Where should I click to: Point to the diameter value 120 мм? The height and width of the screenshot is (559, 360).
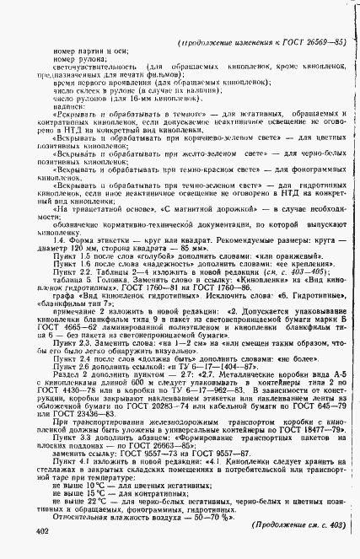[73, 250]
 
